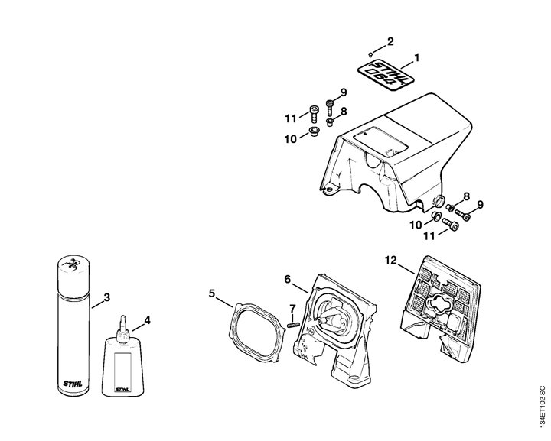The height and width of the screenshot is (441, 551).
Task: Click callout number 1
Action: click(416, 57)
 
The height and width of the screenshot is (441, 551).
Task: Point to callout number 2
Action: click(390, 41)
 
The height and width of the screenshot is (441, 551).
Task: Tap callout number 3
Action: click(107, 297)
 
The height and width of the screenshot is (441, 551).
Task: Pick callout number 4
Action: click(147, 320)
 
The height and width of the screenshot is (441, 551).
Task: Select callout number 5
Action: click(212, 292)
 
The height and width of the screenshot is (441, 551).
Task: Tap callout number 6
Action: click(288, 280)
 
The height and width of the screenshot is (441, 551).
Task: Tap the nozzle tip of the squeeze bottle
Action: click(121, 316)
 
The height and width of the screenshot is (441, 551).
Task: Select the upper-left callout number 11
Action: click(290, 118)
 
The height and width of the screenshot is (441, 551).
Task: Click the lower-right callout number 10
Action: click(415, 224)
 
